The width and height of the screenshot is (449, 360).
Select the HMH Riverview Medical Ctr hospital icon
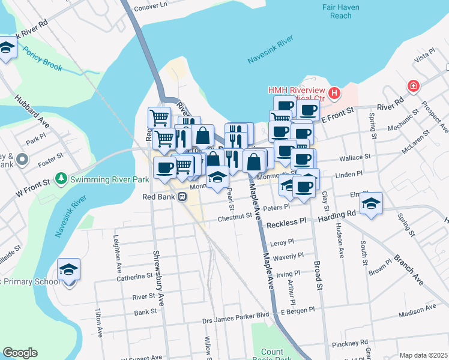(x=334, y=94)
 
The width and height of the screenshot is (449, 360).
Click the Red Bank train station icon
(x=182, y=196)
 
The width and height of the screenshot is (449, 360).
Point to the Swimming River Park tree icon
(x=61, y=178)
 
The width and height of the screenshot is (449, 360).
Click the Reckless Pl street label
(x=286, y=223)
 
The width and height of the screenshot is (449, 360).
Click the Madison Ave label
(x=417, y=310)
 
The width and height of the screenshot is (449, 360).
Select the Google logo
(x=20, y=353)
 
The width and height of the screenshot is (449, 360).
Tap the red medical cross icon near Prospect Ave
(x=413, y=86)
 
